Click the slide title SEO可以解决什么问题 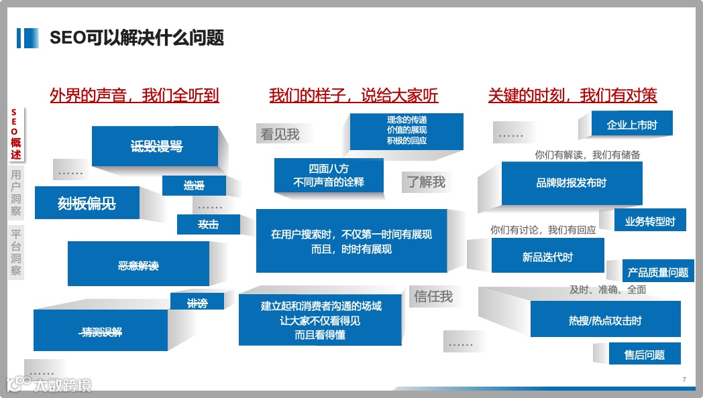pos(137,38)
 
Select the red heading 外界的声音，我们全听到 pos(134,96)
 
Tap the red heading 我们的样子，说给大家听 pos(354,96)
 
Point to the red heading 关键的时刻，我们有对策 pos(572,96)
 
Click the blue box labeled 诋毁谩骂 pos(156,146)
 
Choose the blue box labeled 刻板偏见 pos(87,203)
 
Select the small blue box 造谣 pos(194,186)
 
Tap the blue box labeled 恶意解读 pos(138,266)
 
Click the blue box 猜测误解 pos(101,331)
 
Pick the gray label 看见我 pos(280,134)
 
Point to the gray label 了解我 pos(425,182)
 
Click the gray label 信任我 pos(433,296)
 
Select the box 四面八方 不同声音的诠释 pos(329,175)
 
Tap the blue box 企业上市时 pos(632,125)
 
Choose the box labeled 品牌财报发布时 pos(572,183)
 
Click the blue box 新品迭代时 pos(547,257)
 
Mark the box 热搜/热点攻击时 pos(605,320)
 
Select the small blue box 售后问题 pos(645,354)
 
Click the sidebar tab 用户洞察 pos(16,193)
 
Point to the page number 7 pos(684,380)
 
